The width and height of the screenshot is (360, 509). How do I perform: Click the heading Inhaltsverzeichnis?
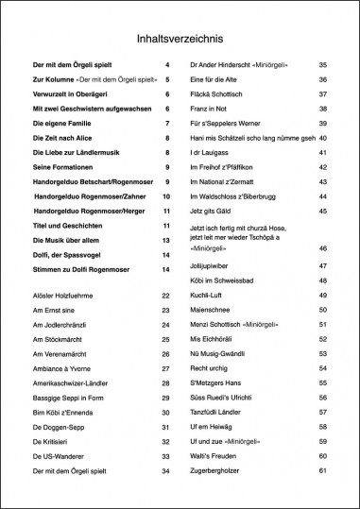(180, 39)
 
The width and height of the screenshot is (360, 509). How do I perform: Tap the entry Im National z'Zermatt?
(226, 181)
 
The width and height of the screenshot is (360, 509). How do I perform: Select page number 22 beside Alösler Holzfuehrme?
(165, 296)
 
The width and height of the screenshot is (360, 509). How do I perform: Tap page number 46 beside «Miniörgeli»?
(323, 247)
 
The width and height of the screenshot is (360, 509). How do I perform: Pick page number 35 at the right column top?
(323, 65)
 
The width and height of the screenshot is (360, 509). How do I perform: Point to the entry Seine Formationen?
(65, 167)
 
